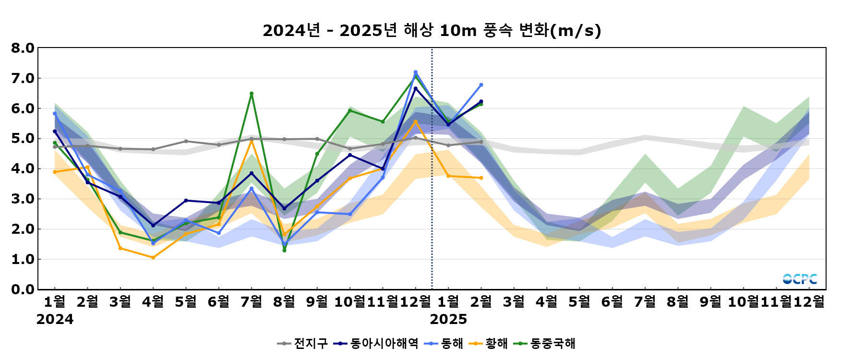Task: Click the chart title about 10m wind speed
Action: coord(432,30)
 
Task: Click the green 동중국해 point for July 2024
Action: coord(252,94)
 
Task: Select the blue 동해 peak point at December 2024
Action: coord(416,72)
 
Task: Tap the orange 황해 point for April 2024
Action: coord(153,258)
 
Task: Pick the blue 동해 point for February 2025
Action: coord(481,85)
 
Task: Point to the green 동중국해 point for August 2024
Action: coord(284,250)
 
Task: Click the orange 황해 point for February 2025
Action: coord(481,178)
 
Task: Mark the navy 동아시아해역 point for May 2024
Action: coord(186,201)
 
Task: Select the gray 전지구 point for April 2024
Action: coord(153,149)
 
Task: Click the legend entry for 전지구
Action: coord(302,344)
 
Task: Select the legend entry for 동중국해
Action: coord(544,344)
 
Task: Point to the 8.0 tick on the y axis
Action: coord(23,48)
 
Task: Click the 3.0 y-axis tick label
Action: coord(23,199)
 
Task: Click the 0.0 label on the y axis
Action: coord(23,289)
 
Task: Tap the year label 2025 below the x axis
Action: coord(448,320)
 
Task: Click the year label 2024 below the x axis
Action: coord(55,320)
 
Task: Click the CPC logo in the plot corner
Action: coord(800,279)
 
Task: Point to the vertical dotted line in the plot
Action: coord(432,168)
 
